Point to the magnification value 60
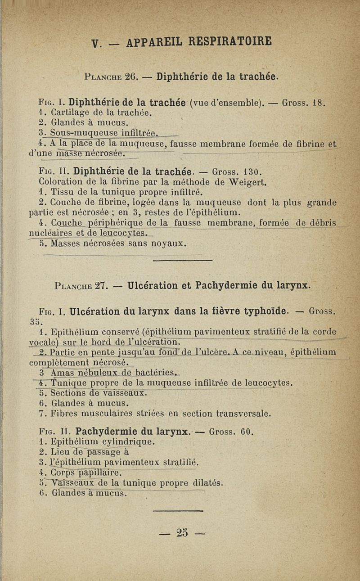click(x=247, y=432)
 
